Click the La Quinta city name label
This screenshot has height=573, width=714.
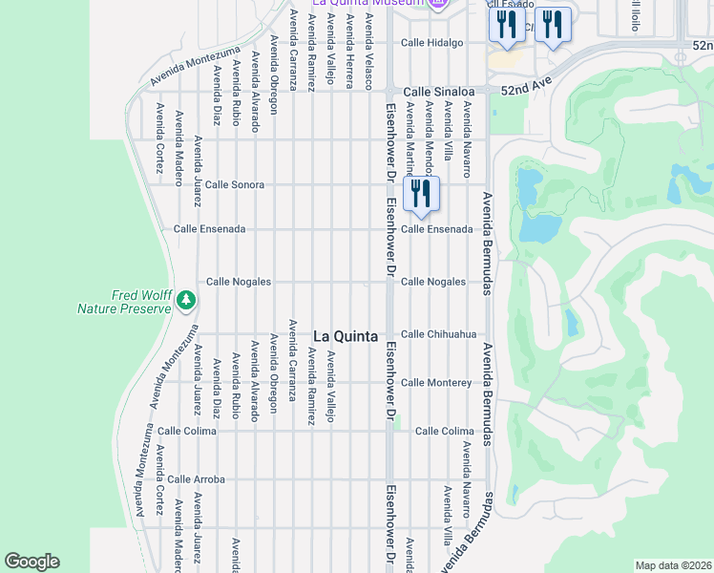(346, 336)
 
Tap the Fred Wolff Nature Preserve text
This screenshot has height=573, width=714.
(123, 302)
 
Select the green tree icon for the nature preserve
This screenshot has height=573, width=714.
(186, 302)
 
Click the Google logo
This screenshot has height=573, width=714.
(31, 562)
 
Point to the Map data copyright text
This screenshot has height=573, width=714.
(673, 565)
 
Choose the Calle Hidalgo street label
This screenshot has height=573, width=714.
(431, 43)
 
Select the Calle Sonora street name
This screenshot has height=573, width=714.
(234, 184)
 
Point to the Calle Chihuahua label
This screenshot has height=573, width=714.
(438, 334)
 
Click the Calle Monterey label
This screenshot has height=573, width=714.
(436, 383)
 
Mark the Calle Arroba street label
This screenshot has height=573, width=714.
(196, 478)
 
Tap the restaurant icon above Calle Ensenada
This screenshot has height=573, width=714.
(421, 194)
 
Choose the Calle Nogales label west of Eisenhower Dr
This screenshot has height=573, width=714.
(239, 282)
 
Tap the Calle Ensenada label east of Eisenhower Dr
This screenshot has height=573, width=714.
(436, 229)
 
